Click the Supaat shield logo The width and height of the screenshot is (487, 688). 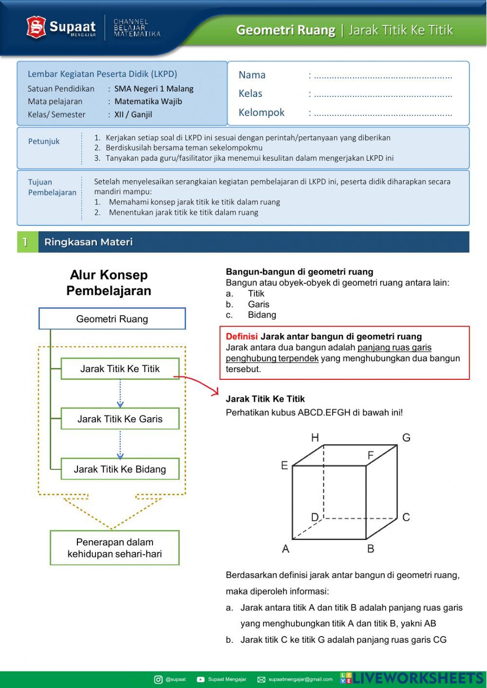click(36, 27)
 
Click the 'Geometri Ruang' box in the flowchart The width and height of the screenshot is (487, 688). click(112, 319)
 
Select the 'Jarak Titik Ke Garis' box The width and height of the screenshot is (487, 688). click(120, 419)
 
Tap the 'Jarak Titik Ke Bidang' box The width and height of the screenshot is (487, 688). click(120, 469)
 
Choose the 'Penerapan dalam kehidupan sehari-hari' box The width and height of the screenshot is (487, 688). click(114, 548)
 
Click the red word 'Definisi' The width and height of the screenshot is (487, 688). click(242, 336)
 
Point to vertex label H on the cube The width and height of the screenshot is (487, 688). click(315, 438)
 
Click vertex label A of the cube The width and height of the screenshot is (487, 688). click(286, 549)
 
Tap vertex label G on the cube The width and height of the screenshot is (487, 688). click(406, 438)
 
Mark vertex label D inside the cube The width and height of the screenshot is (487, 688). click(315, 517)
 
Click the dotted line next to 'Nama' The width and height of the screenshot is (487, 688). click(383, 75)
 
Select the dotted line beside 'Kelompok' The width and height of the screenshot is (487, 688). click(383, 113)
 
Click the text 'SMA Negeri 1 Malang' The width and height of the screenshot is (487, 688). click(154, 89)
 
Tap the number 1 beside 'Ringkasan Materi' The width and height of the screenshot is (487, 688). click(25, 242)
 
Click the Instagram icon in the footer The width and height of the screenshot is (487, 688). click(158, 679)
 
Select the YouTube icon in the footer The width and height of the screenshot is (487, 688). click(201, 679)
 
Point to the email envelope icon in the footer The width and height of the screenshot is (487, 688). click(261, 679)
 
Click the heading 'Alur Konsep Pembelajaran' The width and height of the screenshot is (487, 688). click(109, 283)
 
